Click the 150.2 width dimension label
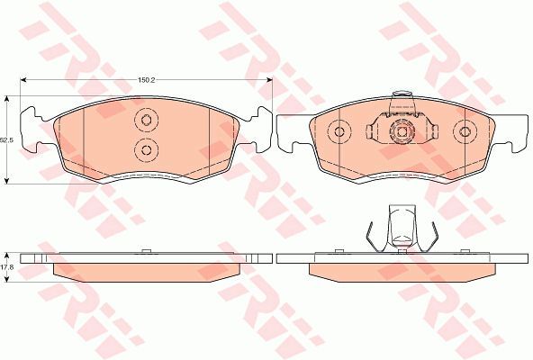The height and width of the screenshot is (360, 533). point(146,80)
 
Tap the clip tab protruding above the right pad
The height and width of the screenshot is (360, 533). point(402,101)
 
